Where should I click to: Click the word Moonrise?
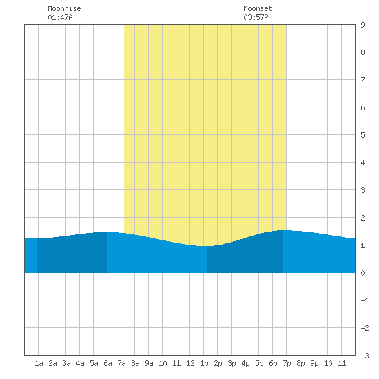(x=64, y=8)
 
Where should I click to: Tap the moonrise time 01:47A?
(x=60, y=17)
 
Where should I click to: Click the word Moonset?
(x=258, y=8)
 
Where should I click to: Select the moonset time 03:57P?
(x=256, y=17)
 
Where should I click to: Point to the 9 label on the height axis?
(x=362, y=25)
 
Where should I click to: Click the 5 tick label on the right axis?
(x=362, y=135)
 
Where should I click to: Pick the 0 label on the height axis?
(x=362, y=273)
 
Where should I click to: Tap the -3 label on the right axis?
(x=365, y=356)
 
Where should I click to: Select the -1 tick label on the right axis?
(x=365, y=300)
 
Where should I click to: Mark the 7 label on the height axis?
(x=362, y=80)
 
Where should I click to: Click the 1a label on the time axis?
(x=39, y=363)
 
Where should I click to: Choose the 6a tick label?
(x=107, y=363)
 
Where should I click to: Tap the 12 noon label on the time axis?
(x=190, y=363)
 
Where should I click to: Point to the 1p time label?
(x=204, y=363)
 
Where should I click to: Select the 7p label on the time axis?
(x=287, y=363)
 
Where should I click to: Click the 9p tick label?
(x=314, y=363)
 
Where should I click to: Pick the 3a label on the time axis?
(x=66, y=363)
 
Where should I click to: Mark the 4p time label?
(x=245, y=363)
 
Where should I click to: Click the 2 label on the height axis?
(x=362, y=218)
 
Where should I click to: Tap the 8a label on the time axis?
(x=135, y=363)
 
